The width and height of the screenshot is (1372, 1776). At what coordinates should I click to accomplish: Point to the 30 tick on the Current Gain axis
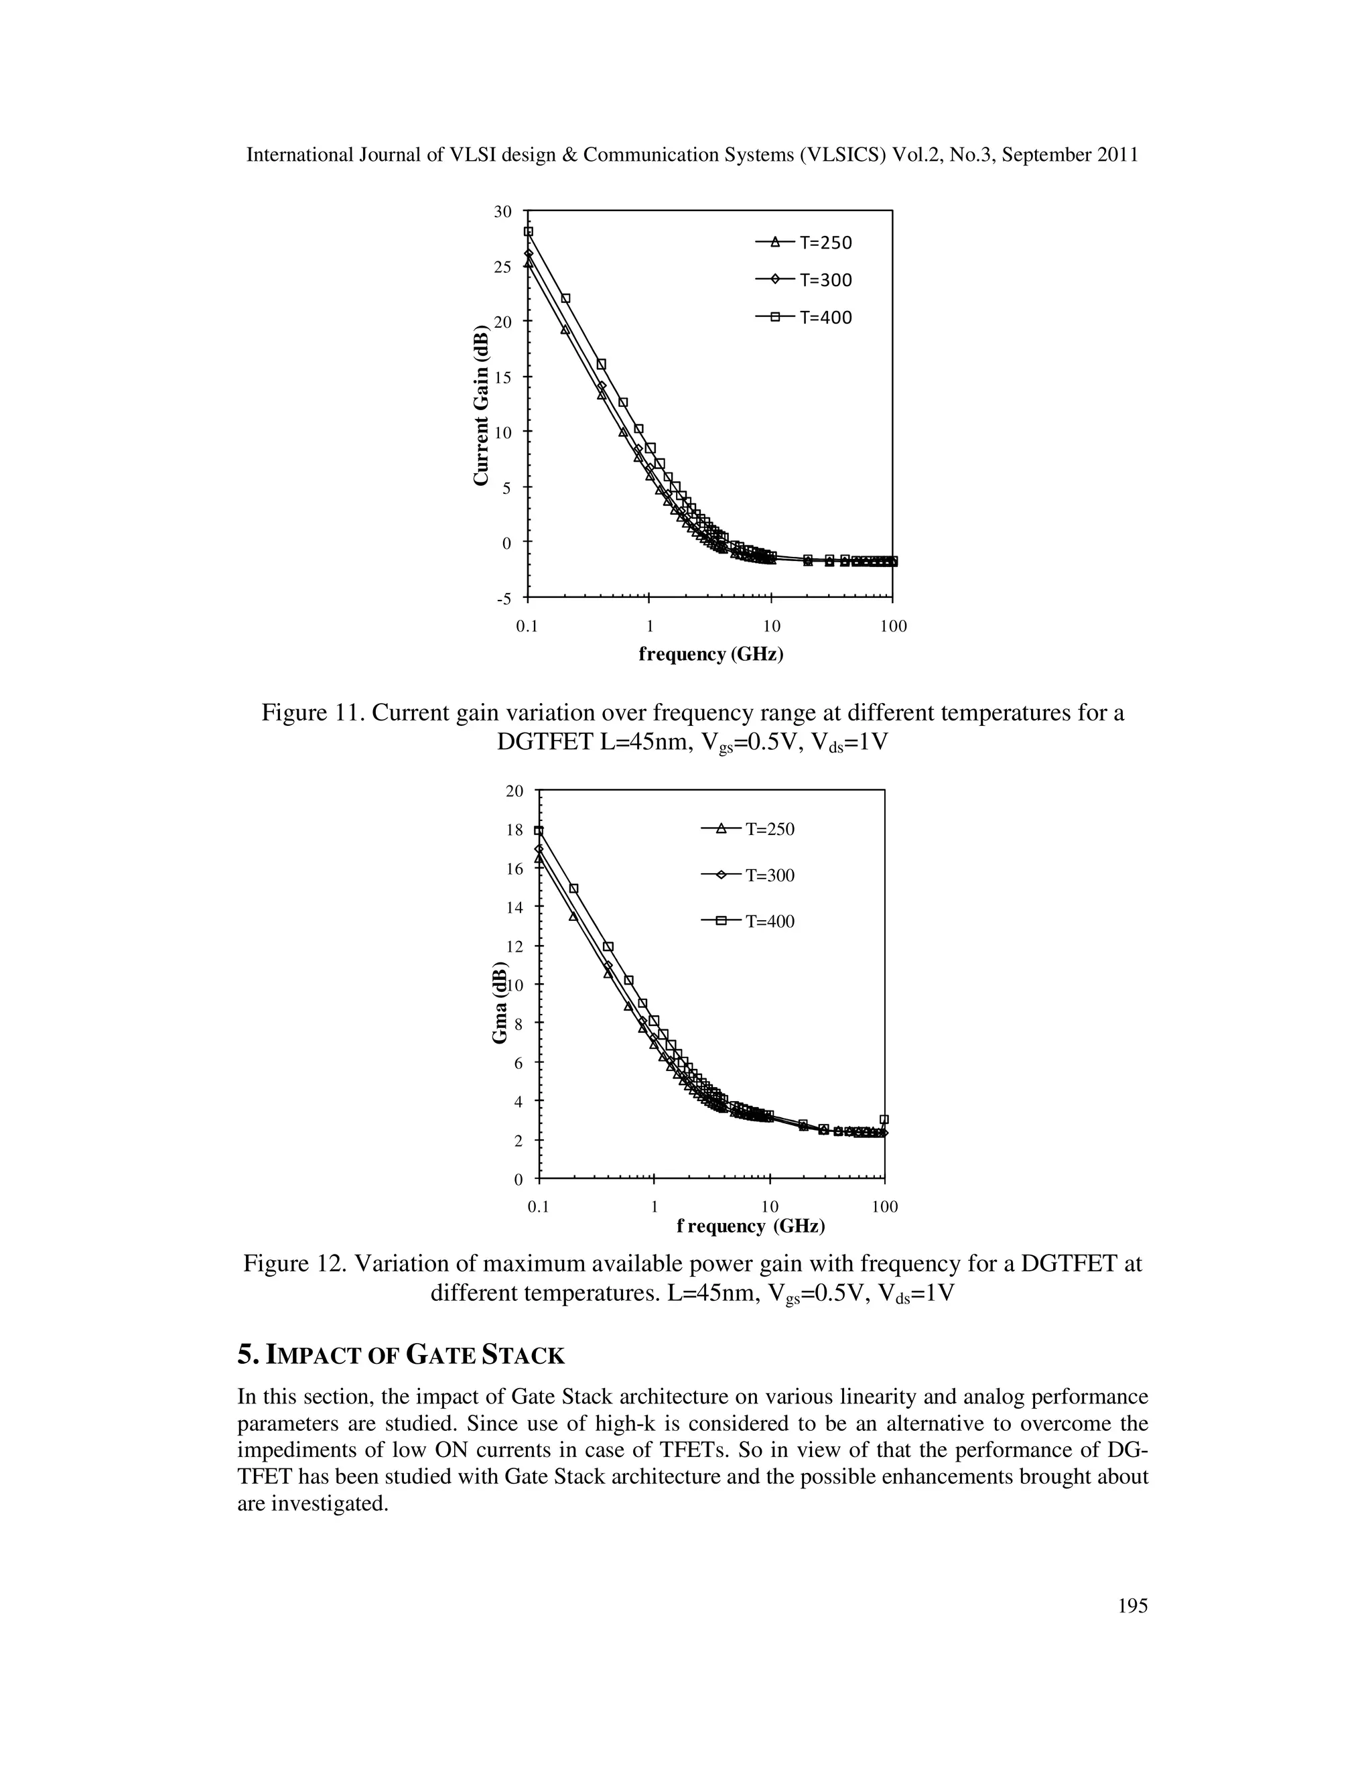coord(503,211)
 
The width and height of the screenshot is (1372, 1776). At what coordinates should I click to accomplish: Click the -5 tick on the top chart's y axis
coord(504,599)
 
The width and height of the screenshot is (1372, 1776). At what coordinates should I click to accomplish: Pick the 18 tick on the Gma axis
coord(514,830)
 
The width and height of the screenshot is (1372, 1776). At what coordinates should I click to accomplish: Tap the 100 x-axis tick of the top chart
coord(893,626)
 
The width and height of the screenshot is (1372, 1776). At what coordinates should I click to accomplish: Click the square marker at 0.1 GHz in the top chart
coord(529,232)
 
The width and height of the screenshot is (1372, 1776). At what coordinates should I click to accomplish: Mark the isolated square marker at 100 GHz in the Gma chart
coord(884,1120)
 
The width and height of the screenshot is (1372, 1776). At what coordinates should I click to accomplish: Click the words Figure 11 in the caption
coord(312,713)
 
